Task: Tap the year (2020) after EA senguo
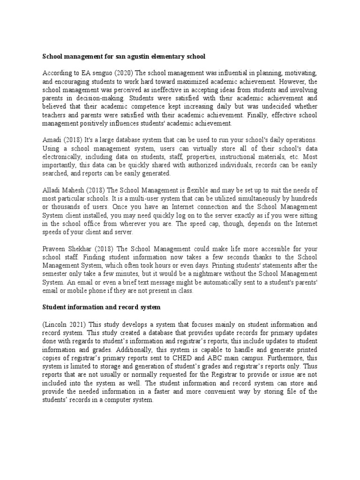tap(122, 73)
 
